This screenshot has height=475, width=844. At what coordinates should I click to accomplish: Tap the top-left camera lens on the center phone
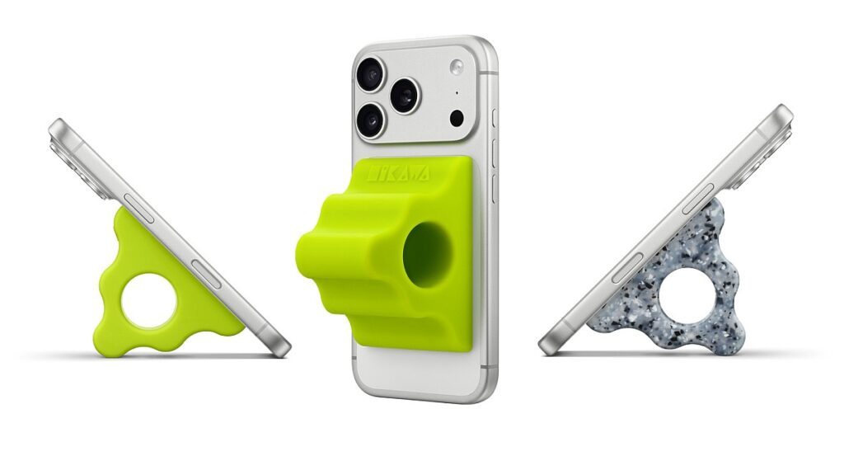(370, 74)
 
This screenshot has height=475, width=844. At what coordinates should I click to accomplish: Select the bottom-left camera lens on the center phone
(370, 121)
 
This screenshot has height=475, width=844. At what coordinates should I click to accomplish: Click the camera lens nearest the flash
(405, 96)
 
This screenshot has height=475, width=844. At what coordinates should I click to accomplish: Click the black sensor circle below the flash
(456, 118)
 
